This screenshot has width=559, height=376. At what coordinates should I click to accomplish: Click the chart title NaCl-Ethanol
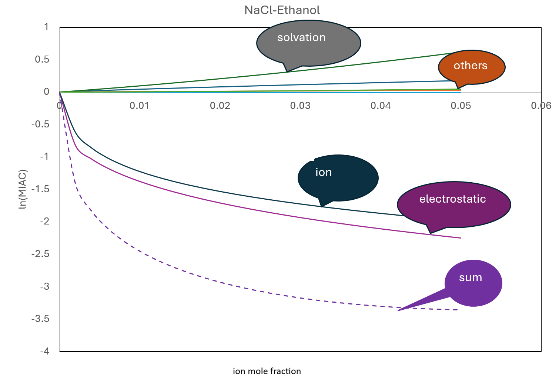pyautogui.click(x=282, y=10)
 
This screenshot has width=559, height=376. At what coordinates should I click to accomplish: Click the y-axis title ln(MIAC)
pyautogui.click(x=23, y=189)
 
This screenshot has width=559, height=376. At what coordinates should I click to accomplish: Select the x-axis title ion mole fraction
pyautogui.click(x=267, y=371)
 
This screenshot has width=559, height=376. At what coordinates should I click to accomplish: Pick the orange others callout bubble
pyautogui.click(x=472, y=67)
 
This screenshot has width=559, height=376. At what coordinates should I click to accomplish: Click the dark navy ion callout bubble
pyautogui.click(x=338, y=178)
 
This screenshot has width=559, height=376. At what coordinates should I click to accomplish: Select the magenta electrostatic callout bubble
pyautogui.click(x=454, y=205)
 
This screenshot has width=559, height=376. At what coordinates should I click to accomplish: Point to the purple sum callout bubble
pyautogui.click(x=473, y=283)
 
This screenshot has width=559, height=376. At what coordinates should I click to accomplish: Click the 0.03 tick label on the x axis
pyautogui.click(x=300, y=106)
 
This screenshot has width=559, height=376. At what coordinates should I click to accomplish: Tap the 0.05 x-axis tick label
pyautogui.click(x=461, y=106)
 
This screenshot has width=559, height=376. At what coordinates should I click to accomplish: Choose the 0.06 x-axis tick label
pyautogui.click(x=541, y=106)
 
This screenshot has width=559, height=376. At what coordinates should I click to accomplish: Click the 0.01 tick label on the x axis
pyautogui.click(x=140, y=106)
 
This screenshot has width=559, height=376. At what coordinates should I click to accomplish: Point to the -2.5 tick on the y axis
pyautogui.click(x=40, y=254)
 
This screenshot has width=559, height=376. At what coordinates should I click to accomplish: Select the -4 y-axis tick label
pyautogui.click(x=45, y=351)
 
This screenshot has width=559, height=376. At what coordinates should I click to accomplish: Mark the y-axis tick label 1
pyautogui.click(x=46, y=27)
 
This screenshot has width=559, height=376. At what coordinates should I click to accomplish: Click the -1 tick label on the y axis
pyautogui.click(x=45, y=157)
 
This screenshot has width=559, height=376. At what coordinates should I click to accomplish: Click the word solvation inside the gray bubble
pyautogui.click(x=301, y=37)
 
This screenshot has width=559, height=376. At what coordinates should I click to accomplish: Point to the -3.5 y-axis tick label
pyautogui.click(x=40, y=319)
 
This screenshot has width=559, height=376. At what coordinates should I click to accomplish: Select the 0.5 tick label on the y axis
pyautogui.click(x=42, y=59)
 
